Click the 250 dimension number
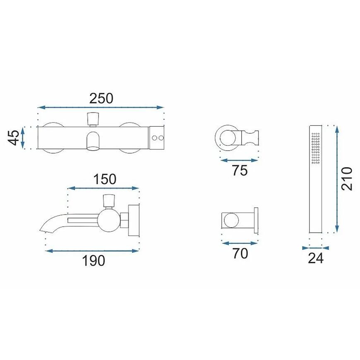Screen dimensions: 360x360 point(101,98)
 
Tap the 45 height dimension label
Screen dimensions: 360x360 point(14,138)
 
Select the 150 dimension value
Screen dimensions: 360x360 point(105,179)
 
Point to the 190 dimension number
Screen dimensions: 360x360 point(94,261)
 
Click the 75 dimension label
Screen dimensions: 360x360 point(240,170)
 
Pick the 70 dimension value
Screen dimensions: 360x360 point(240,253)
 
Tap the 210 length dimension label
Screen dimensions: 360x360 point(346,179)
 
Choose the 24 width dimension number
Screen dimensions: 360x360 point(316,258)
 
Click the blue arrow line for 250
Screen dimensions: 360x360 point(101,107)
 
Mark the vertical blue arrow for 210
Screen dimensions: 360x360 point(337,179)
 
